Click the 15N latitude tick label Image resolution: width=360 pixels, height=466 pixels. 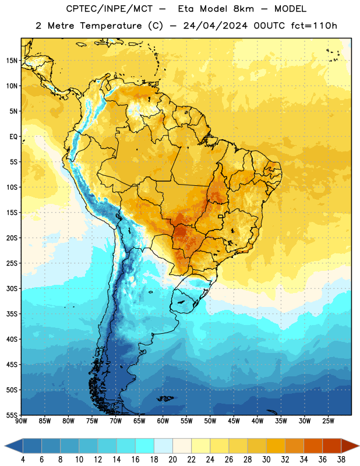[12, 61]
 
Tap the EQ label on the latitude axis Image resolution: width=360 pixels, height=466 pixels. [13, 137]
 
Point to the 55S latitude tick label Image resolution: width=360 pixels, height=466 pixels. [12, 415]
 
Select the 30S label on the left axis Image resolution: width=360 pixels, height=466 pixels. [12, 288]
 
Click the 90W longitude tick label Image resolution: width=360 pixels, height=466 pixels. [21, 421]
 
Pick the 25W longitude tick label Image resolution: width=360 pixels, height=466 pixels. [328, 421]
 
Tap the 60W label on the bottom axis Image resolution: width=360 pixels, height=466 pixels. [163, 421]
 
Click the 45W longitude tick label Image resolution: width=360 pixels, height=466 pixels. [234, 421]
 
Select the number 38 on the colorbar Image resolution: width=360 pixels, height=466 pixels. [341, 460]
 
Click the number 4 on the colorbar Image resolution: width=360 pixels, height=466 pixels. [23, 460]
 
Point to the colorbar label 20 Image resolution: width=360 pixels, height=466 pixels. [172, 460]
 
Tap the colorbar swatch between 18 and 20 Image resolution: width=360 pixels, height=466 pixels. [163, 446]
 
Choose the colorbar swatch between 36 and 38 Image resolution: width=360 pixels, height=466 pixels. [332, 446]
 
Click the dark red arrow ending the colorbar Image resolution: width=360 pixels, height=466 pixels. [350, 446]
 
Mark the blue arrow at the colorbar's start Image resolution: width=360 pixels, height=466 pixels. [14, 446]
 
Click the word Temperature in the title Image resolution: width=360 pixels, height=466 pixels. [111, 26]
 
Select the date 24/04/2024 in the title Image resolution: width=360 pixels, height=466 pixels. [215, 26]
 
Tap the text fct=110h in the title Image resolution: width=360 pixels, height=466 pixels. [314, 26]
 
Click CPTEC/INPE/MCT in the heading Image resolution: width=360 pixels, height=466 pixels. [109, 9]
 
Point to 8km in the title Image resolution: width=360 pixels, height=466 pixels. [243, 9]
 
